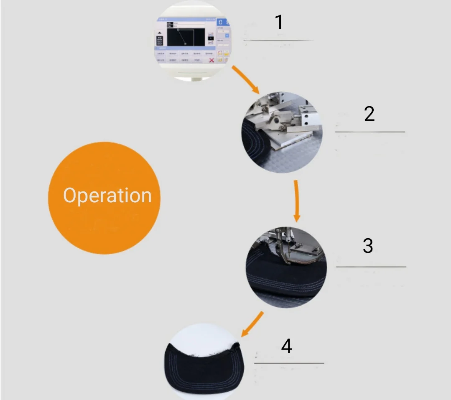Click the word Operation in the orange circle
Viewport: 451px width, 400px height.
pyautogui.click(x=107, y=196)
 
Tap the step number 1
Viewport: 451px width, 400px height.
pyautogui.click(x=279, y=23)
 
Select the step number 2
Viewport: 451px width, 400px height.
pyautogui.click(x=369, y=114)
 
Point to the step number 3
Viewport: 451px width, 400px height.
pyautogui.click(x=368, y=246)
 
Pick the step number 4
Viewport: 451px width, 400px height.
pyautogui.click(x=286, y=346)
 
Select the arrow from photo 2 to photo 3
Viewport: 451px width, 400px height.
pyautogui.click(x=296, y=201)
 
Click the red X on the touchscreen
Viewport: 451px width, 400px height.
pyautogui.click(x=212, y=60)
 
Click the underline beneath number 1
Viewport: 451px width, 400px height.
pyautogui.click(x=278, y=40)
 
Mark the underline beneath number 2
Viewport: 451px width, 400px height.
pyautogui.click(x=370, y=132)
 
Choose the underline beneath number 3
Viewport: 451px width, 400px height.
pyautogui.click(x=371, y=267)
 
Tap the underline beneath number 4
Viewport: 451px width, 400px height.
pyautogui.click(x=289, y=363)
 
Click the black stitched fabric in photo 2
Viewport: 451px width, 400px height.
pyautogui.click(x=255, y=142)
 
